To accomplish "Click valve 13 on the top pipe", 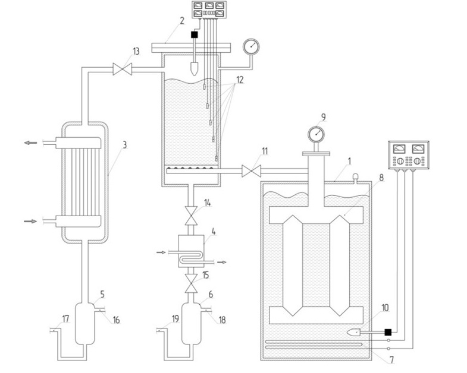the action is (123, 70).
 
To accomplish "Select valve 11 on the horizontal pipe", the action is (252, 171).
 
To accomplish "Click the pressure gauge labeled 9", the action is (316, 134).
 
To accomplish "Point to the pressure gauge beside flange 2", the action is (251, 46).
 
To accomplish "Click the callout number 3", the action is (125, 145).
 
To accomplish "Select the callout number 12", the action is (240, 80).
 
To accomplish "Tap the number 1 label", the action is (350, 161).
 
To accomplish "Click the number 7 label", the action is (392, 359).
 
